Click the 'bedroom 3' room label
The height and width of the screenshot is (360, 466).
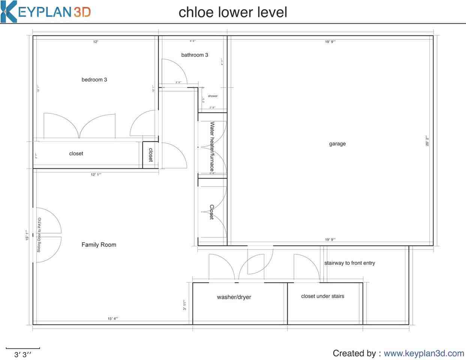(94, 79)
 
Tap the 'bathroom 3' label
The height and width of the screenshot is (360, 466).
(195, 55)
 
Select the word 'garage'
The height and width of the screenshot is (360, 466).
(337, 144)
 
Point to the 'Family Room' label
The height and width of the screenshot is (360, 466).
(99, 244)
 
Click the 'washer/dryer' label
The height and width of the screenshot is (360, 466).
(234, 297)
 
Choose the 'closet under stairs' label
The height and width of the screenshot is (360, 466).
(322, 296)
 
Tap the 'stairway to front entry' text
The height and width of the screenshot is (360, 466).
(349, 263)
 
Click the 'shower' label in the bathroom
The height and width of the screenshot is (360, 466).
(213, 96)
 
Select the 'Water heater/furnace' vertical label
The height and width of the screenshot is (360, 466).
(212, 146)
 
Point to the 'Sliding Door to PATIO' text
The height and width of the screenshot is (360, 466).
(39, 235)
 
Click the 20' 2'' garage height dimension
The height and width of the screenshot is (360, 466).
(427, 141)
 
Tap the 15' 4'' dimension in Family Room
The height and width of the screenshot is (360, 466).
(113, 318)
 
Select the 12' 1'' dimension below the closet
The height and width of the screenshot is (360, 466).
(96, 174)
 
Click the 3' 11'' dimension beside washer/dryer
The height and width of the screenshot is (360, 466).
(184, 305)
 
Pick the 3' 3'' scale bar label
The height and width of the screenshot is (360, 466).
(23, 355)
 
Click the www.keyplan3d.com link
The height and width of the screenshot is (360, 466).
(424, 353)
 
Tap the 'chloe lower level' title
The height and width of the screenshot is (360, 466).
(233, 12)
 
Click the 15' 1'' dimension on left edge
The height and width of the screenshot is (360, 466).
(27, 235)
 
